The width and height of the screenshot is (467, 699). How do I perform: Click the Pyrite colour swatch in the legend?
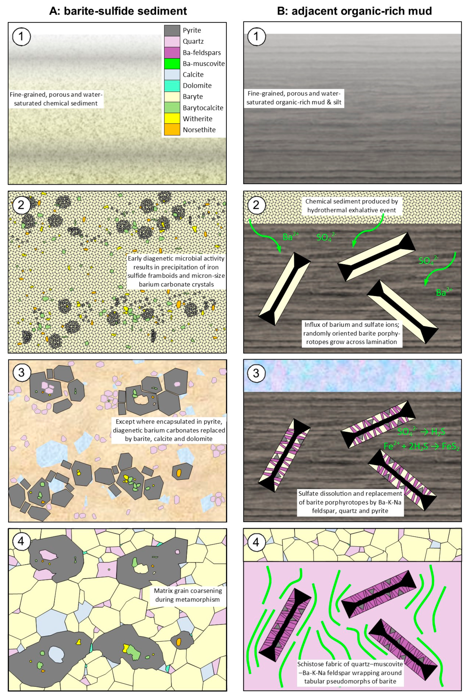(172, 30)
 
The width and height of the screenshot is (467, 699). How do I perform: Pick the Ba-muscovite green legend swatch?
(172, 63)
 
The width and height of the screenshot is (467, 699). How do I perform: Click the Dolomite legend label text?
(197, 86)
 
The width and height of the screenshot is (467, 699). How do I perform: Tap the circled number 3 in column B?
(256, 373)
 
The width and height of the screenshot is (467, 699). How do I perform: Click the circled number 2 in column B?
(256, 205)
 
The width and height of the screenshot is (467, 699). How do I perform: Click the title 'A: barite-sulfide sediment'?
(118, 11)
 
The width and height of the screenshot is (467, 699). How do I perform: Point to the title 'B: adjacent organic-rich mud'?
(354, 11)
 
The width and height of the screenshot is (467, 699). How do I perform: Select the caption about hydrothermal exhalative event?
(352, 206)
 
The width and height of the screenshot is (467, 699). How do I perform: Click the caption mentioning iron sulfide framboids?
(176, 271)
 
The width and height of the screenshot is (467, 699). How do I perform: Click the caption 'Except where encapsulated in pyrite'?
(169, 430)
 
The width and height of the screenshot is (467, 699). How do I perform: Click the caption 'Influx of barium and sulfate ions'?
(352, 333)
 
